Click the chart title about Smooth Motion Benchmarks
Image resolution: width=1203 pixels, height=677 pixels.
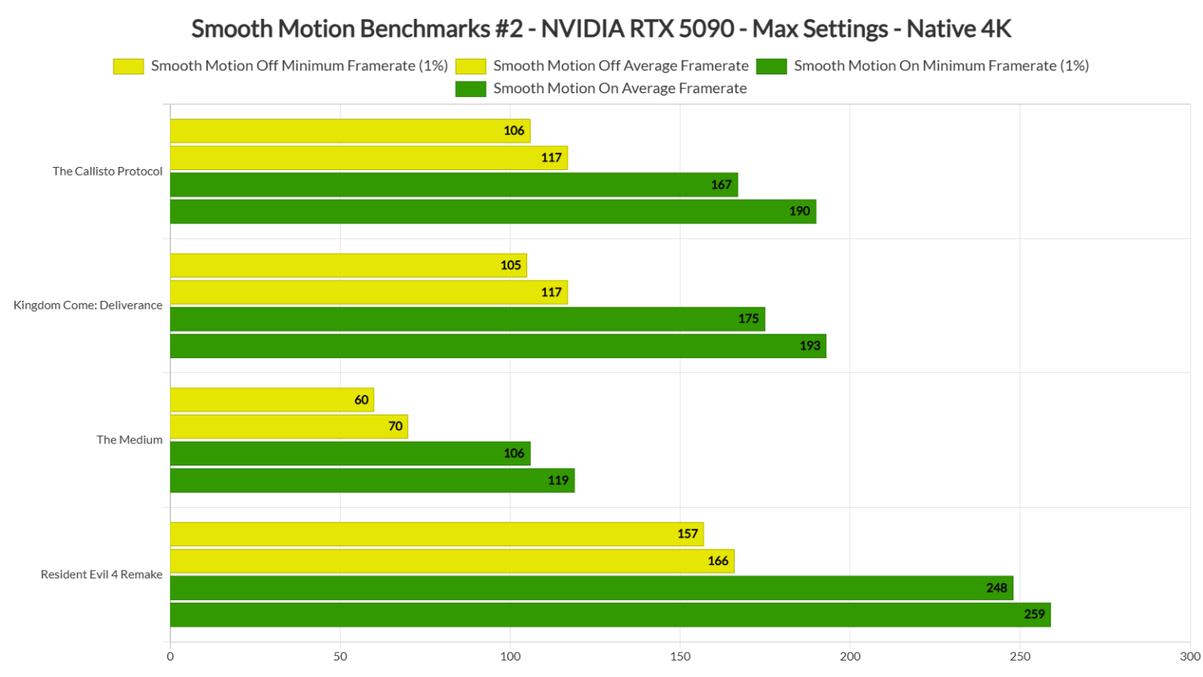click(601, 29)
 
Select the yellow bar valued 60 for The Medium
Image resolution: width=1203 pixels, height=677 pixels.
click(272, 400)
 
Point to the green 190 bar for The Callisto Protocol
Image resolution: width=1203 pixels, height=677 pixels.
click(493, 212)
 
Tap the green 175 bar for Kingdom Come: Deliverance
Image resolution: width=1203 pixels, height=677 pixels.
click(467, 319)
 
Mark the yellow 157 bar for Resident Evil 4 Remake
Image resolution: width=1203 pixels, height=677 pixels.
click(436, 534)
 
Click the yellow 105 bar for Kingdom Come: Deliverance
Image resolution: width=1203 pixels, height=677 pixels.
click(348, 266)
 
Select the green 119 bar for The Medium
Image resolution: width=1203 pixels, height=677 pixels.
click(372, 480)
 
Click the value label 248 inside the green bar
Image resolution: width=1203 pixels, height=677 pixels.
click(996, 588)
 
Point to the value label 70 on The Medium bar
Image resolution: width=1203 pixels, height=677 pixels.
click(396, 426)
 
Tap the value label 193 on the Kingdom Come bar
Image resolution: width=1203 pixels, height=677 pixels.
click(810, 346)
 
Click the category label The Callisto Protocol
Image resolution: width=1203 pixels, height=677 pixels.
click(107, 171)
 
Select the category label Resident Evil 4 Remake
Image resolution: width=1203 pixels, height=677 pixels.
click(101, 574)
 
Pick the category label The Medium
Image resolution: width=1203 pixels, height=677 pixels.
click(129, 440)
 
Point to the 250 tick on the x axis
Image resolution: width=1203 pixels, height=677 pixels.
click(1020, 657)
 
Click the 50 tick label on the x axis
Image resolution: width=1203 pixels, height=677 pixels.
click(340, 657)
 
